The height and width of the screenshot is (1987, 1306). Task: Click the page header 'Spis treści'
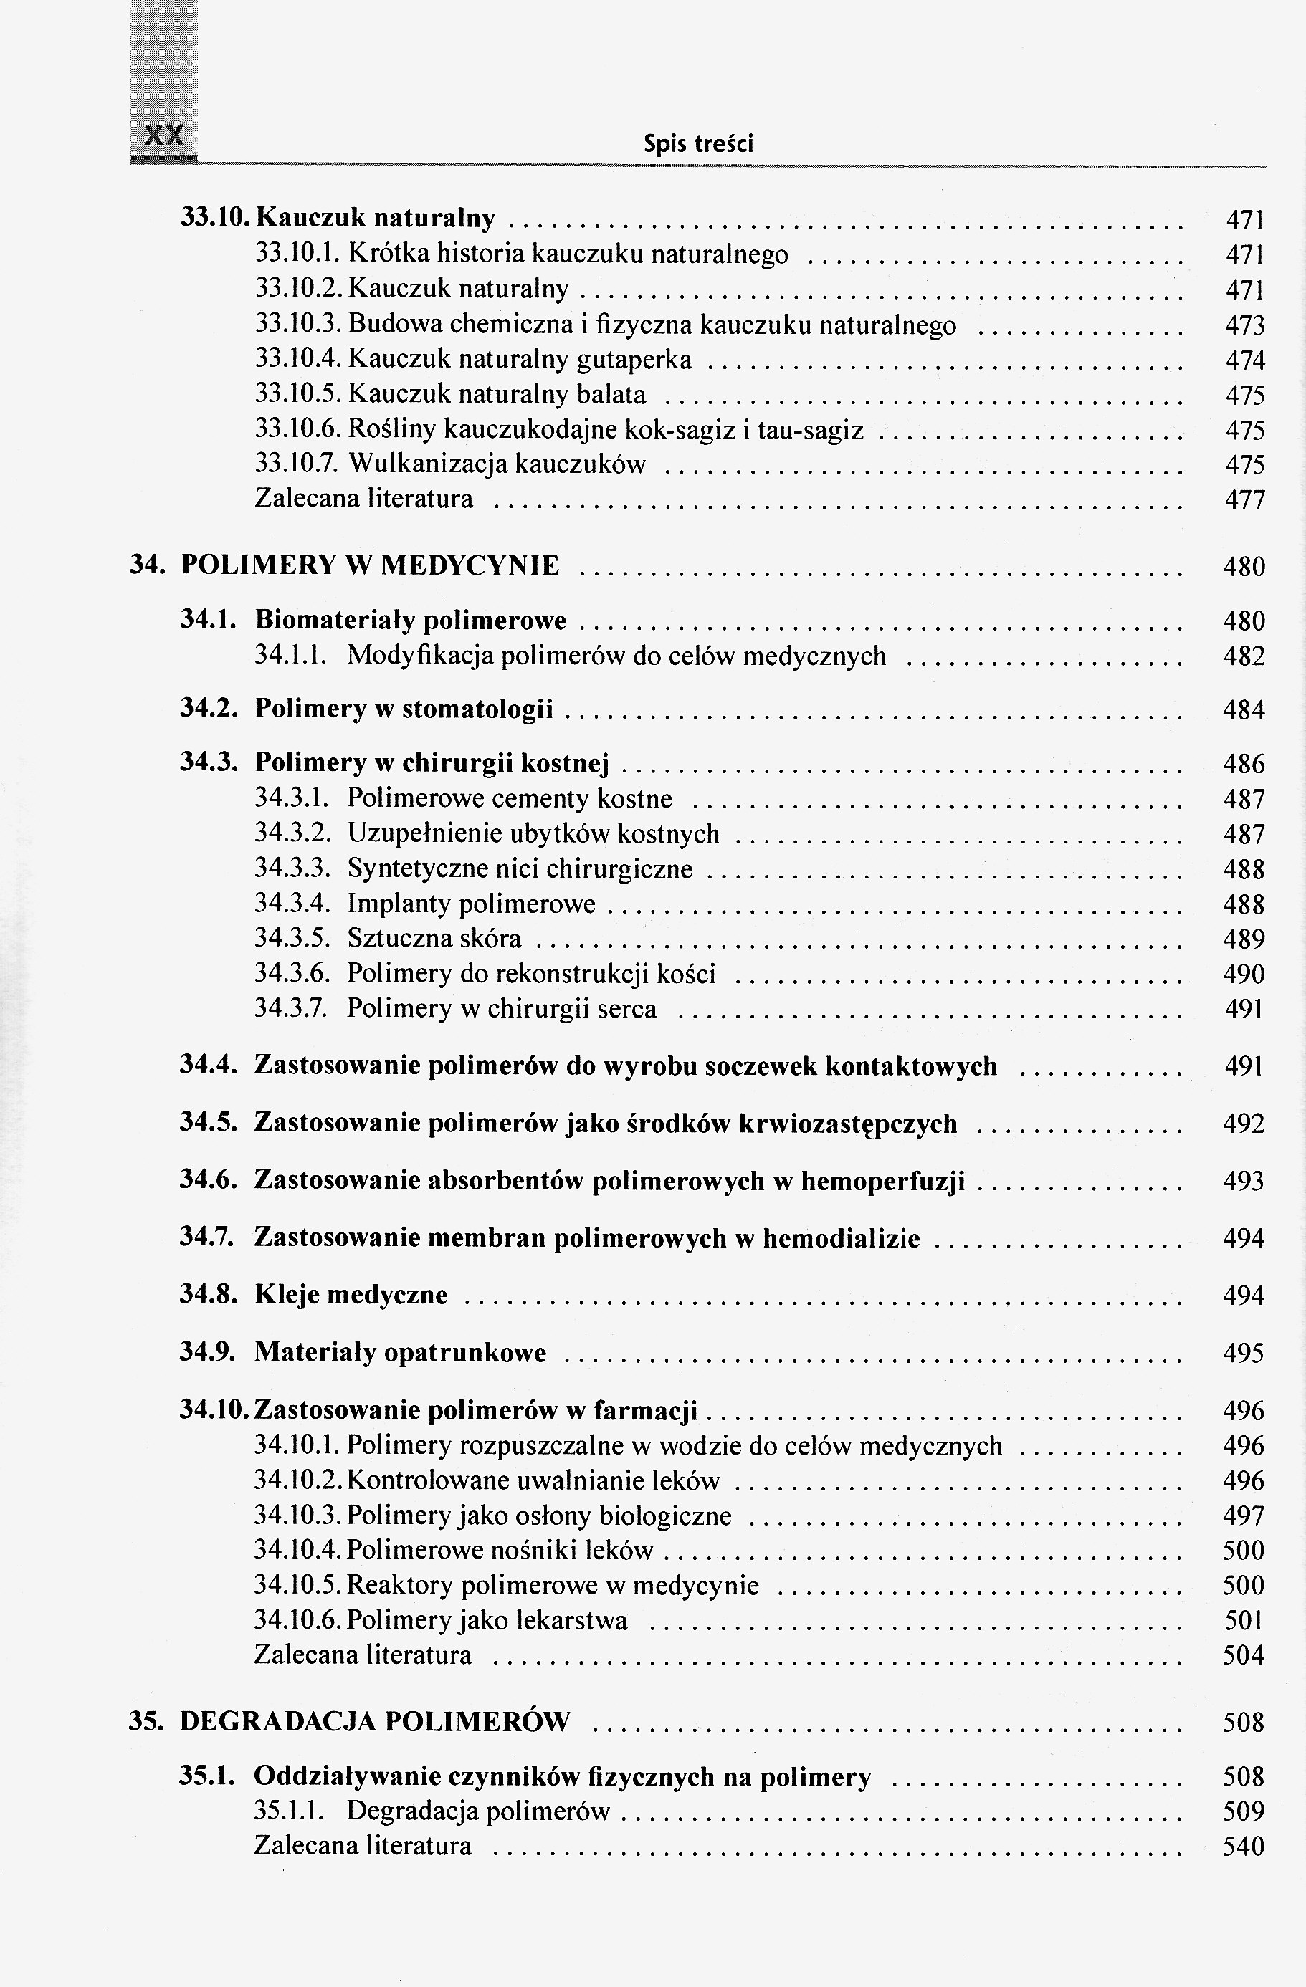coord(698,145)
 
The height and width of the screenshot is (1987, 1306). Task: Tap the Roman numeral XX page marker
coord(164,136)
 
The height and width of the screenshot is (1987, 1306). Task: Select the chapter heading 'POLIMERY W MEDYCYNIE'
coord(370,566)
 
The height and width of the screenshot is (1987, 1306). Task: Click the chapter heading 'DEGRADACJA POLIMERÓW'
coord(375,1721)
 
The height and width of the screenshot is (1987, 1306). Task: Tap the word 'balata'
coord(611,394)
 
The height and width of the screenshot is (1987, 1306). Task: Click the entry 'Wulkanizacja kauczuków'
coord(497,464)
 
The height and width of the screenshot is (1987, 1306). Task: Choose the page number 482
coord(1244,656)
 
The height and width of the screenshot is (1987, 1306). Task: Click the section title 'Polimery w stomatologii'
coord(404,709)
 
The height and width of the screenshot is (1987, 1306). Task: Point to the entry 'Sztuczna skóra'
coord(434,939)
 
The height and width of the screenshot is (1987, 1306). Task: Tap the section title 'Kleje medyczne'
coord(351,1295)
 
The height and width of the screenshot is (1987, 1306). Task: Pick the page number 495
coord(1244,1353)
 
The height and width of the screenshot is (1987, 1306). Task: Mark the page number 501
coord(1244,1621)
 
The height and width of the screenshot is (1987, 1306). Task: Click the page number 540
coord(1244,1845)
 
